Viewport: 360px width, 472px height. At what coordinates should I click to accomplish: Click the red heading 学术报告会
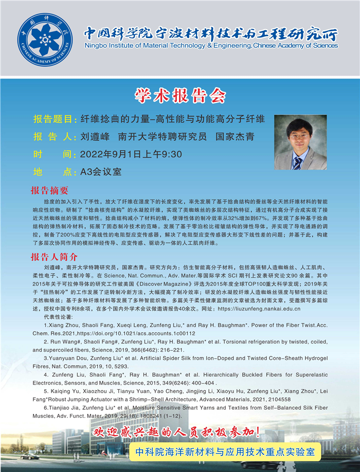point(179,96)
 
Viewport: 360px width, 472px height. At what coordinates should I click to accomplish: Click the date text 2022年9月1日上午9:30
point(131,154)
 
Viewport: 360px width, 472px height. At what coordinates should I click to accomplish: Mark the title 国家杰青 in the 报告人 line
point(235,137)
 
